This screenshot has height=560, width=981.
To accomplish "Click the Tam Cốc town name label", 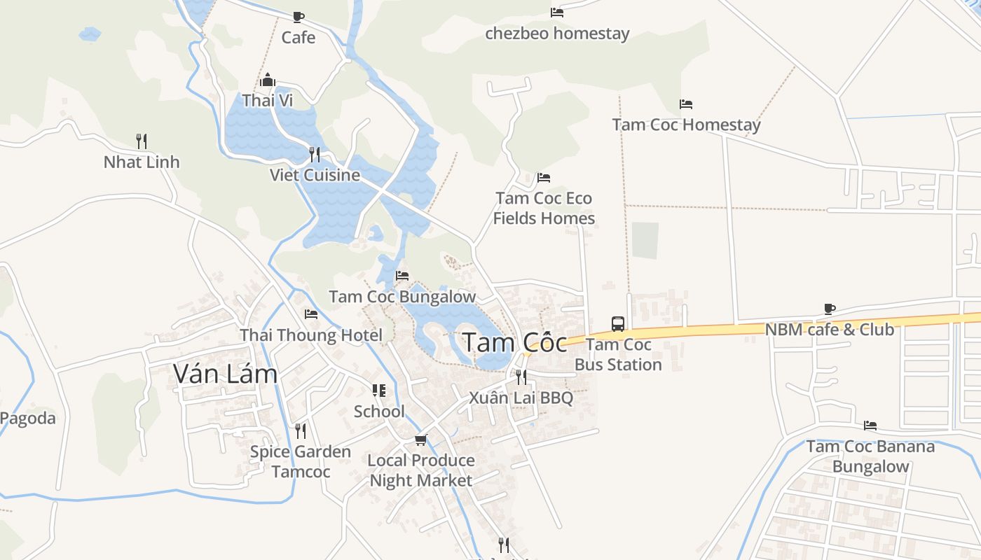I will coord(515,343).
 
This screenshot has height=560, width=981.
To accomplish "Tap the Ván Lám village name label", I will coord(226,374).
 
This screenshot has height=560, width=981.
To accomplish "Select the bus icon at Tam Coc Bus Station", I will coord(617,323).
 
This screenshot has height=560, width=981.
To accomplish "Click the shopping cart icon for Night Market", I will coord(420,440).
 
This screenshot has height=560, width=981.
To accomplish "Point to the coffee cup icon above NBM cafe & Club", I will coord(830,309).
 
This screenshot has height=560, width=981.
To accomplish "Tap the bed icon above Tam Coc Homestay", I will coord(686,104).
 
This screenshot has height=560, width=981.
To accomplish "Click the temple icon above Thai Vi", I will coord(267,80).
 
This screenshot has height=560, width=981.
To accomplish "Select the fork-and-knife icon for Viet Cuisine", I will coord(315,154).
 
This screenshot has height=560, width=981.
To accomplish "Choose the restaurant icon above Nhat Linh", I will coord(142,141).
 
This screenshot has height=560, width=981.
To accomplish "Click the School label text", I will coord(379,412).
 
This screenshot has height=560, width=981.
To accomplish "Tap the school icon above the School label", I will coord(379,391).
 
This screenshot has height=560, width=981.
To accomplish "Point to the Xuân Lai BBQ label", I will coord(521,398).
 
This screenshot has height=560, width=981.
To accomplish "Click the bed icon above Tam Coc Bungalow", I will coord(402,276).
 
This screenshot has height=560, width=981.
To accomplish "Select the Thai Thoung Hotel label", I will coord(311,335).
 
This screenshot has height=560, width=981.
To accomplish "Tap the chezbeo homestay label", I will coord(557,34).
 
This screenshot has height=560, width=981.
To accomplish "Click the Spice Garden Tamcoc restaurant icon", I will coord(301,430).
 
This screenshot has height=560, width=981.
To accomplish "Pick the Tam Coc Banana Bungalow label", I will coord(870,456).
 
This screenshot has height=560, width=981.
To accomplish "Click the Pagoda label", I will coord(27,419).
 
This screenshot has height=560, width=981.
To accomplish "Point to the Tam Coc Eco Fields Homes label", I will coord(544,208).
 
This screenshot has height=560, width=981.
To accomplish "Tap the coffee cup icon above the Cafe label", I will coord(299,17).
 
